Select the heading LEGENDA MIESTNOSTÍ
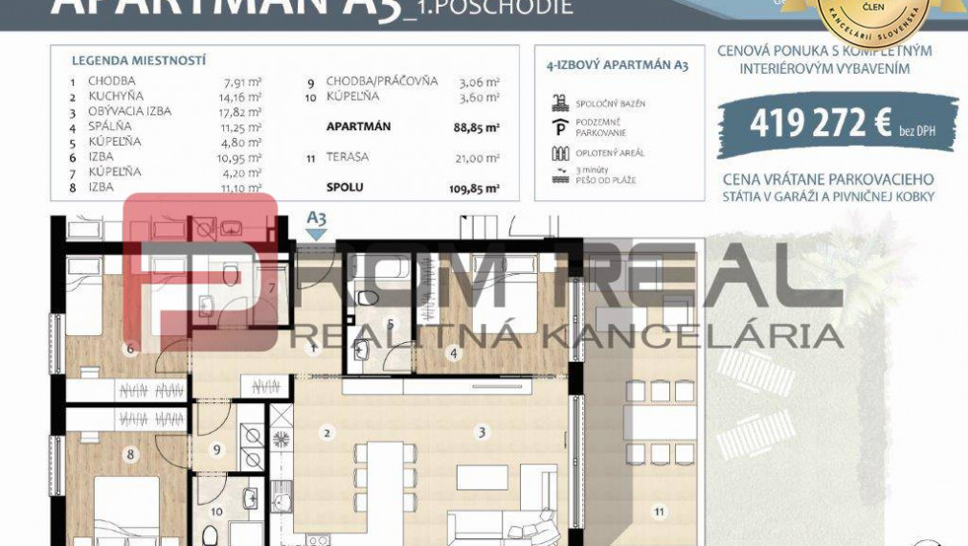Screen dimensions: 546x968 click(x=139, y=59)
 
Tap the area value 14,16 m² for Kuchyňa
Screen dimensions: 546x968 click(x=242, y=96)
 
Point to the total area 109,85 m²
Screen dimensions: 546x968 click(x=475, y=188)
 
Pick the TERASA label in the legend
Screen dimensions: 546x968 click(x=348, y=157)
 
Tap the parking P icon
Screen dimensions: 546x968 click(x=561, y=125)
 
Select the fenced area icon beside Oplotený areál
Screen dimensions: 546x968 click(x=561, y=151)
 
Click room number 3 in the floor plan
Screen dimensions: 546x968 click(x=482, y=433)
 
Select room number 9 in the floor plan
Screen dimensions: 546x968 click(x=216, y=448)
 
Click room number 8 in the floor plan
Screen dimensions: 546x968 click(x=130, y=454)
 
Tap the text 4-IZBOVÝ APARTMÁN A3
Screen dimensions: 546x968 click(x=617, y=66)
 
